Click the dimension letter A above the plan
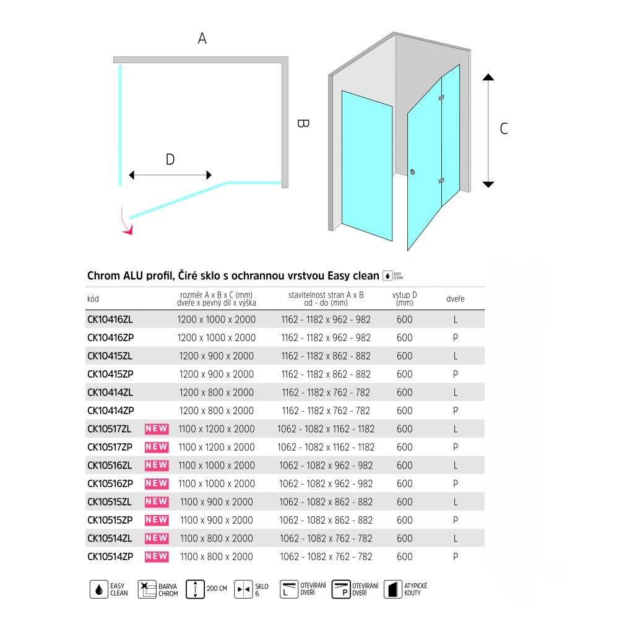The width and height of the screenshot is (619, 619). click(202, 38)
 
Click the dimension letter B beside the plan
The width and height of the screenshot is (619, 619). click(302, 123)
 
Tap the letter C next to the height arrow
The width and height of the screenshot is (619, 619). click(504, 129)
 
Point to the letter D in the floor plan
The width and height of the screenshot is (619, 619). click(170, 160)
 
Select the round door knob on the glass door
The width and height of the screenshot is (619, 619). click(413, 173)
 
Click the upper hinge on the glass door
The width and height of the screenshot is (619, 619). click(441, 98)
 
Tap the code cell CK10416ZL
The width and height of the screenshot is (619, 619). click(110, 319)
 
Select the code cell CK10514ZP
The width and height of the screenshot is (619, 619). click(110, 556)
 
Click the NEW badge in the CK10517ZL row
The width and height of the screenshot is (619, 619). click(157, 429)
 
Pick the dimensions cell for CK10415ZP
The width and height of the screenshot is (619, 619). click(215, 374)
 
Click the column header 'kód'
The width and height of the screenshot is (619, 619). click(93, 299)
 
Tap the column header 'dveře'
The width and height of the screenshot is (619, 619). click(455, 299)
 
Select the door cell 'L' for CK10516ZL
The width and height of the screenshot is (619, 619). click(455, 465)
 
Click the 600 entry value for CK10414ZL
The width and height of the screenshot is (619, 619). click(404, 392)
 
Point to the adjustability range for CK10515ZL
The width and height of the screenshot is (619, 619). click(325, 502)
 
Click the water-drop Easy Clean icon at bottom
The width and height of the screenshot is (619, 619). click(99, 589)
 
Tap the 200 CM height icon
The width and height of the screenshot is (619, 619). click(196, 589)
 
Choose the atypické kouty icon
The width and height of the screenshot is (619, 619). click(391, 589)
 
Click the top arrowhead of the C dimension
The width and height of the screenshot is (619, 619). click(488, 77)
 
